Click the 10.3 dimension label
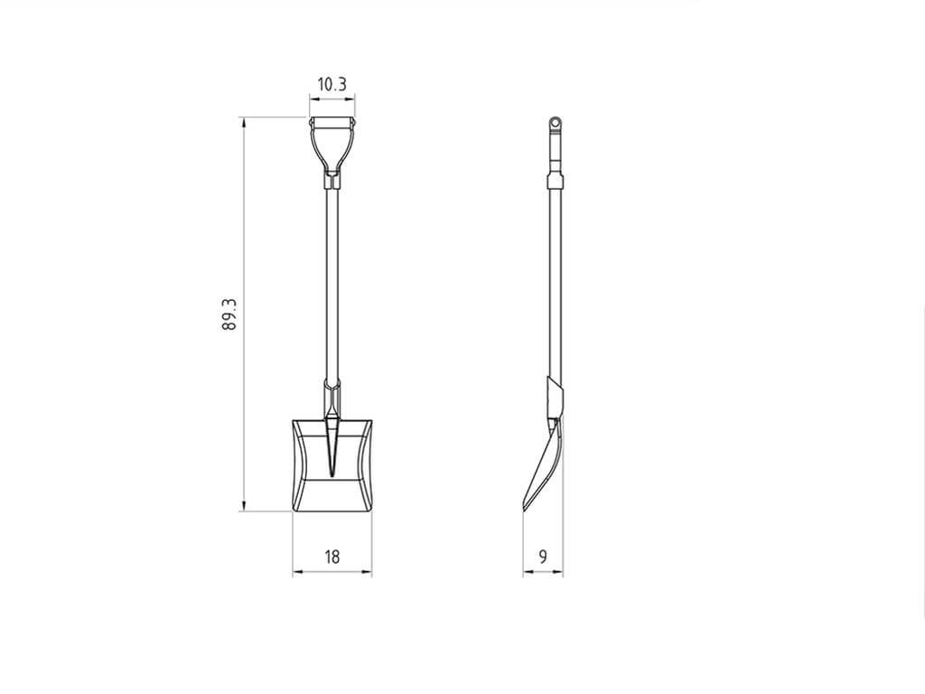pos(332,85)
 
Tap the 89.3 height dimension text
pos(229,314)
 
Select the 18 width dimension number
pos(332,557)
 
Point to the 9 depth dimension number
pos(543,556)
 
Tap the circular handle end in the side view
pos(555,123)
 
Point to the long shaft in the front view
pos(332,283)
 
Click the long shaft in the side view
pos(556,283)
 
